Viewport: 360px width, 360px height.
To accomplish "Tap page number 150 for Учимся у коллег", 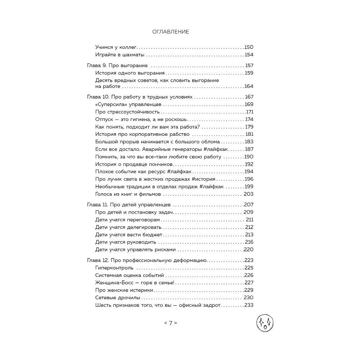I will (x=249, y=47).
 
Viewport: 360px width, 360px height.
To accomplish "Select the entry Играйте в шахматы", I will (x=120, y=55).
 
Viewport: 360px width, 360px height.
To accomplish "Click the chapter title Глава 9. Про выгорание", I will (x=118, y=66).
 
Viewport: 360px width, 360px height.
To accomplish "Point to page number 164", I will (x=249, y=86).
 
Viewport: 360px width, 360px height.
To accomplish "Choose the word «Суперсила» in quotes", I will (x=111, y=104).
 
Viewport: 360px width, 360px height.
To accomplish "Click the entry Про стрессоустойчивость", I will (x=122, y=112).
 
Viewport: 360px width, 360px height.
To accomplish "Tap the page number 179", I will (x=249, y=127).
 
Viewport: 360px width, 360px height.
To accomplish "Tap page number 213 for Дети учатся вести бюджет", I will (x=249, y=235).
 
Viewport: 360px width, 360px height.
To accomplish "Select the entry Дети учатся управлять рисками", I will (x=135, y=249).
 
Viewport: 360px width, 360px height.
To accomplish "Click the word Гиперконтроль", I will (x=114, y=267).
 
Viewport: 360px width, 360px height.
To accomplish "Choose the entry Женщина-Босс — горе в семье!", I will (x=135, y=283).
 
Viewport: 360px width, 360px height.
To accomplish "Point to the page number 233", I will (x=249, y=305).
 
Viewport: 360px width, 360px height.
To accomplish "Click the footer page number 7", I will (x=171, y=323).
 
